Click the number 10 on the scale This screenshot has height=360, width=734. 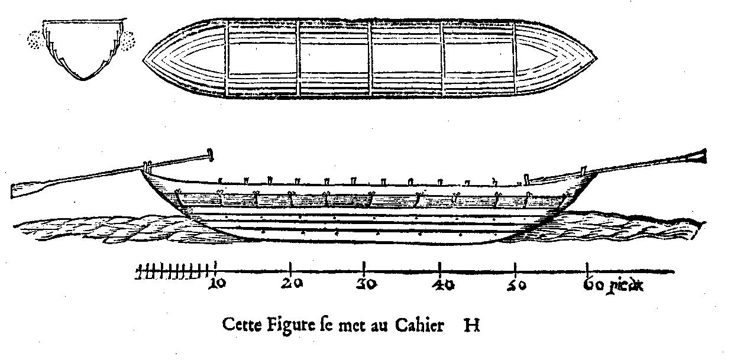click(217, 283)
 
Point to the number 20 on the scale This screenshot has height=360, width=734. click(292, 283)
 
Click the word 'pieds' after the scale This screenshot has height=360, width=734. click(625, 286)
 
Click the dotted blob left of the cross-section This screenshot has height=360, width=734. click(36, 40)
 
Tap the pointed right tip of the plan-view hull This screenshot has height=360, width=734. click(596, 59)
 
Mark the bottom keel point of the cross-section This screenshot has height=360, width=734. click(83, 79)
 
